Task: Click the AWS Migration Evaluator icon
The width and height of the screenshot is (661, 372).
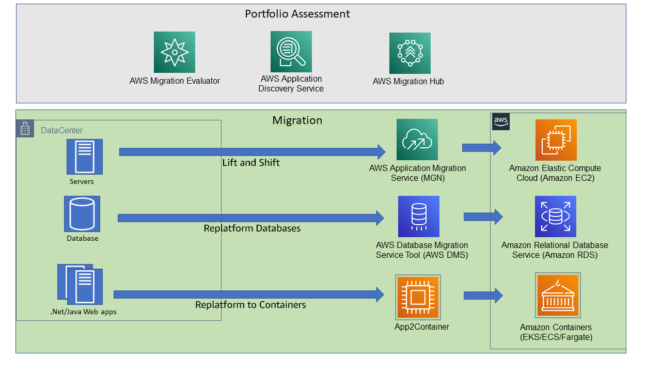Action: coord(175,52)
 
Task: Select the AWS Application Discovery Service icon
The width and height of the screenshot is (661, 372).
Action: coord(291,51)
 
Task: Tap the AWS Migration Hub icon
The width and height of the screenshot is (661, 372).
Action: coord(410,53)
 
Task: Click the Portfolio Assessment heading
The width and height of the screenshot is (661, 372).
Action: coord(297,14)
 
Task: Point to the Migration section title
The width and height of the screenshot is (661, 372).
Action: coord(297,120)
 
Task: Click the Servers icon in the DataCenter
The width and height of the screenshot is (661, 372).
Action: coord(84,156)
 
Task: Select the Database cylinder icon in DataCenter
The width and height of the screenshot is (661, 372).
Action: coord(82,213)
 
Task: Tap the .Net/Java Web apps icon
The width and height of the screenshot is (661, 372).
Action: coord(81,284)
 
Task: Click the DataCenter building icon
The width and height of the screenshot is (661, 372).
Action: coord(25,129)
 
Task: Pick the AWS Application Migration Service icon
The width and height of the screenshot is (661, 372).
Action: coord(417,139)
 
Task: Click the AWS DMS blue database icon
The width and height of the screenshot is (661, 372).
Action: coord(418,216)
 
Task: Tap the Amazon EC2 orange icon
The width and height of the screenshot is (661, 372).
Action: coord(556,140)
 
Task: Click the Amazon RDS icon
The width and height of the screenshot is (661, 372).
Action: coord(555,216)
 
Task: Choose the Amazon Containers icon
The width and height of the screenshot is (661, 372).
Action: coord(558,296)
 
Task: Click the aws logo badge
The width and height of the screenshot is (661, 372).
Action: coord(500,121)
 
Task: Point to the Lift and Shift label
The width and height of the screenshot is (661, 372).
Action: coord(251,163)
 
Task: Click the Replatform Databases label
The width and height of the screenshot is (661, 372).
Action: coord(252,228)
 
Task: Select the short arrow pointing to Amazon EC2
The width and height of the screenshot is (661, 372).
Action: coord(481,148)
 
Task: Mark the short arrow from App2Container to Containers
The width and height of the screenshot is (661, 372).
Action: coord(483,296)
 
